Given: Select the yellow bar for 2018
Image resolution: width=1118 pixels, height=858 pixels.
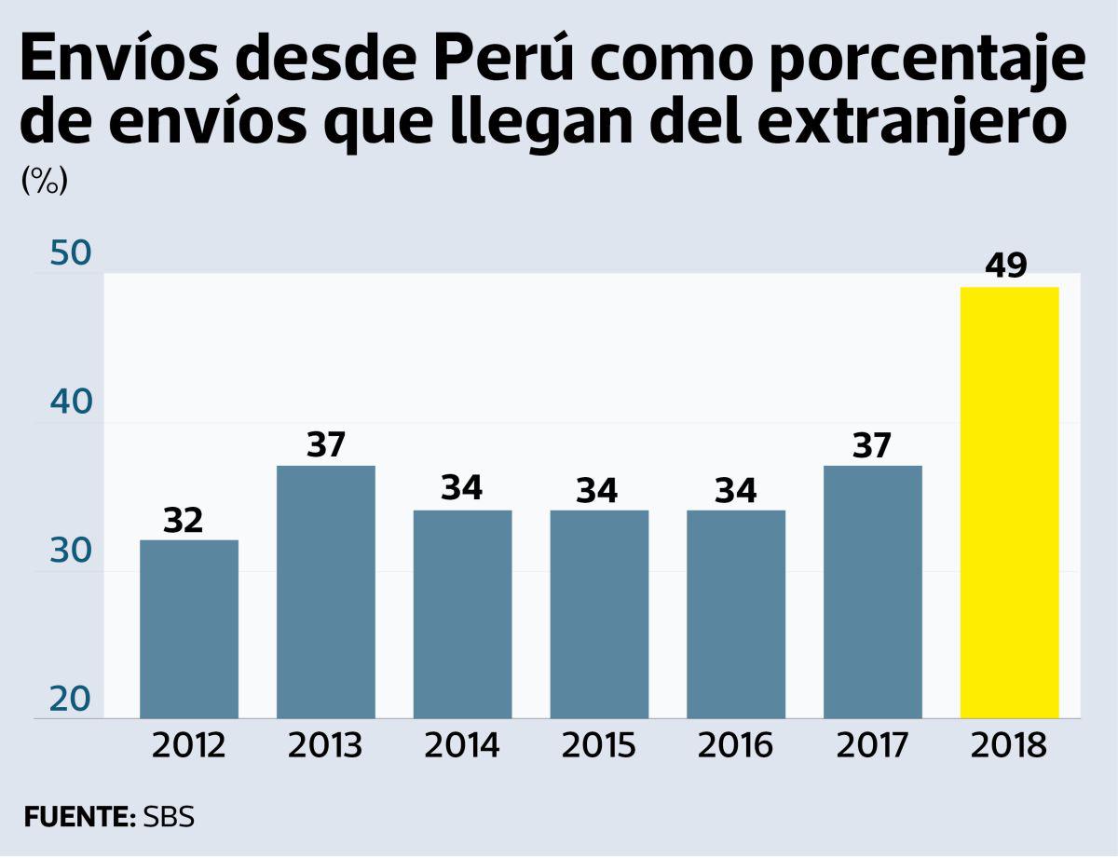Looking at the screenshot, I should click(x=1009, y=503).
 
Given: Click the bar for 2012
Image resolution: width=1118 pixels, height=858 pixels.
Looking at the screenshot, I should click(x=188, y=629).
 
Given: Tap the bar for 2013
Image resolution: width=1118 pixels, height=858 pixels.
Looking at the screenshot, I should click(x=325, y=592).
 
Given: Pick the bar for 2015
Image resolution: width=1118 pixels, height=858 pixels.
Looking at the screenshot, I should click(x=599, y=614).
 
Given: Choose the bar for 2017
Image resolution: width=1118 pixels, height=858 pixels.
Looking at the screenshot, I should click(x=873, y=592).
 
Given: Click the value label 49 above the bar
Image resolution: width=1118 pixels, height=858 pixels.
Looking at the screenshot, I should click(x=1007, y=266).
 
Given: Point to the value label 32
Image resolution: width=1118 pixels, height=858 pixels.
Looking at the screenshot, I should click(x=184, y=521).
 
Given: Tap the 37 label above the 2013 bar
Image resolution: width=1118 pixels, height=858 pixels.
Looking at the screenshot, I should click(x=326, y=445).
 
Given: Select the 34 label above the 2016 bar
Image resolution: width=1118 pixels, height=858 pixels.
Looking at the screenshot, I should click(x=736, y=491).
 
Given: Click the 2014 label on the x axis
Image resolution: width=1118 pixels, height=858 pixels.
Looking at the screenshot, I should click(x=462, y=746).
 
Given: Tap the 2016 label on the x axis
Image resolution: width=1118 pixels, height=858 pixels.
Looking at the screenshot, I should click(x=735, y=746).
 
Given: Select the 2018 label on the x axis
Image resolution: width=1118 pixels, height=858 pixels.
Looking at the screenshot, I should click(x=1009, y=746).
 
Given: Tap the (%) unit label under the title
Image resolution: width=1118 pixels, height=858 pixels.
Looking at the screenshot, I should click(x=44, y=182).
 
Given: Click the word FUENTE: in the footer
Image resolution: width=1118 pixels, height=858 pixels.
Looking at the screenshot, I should click(x=80, y=817).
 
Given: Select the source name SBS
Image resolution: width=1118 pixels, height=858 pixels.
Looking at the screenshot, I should click(x=169, y=817).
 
